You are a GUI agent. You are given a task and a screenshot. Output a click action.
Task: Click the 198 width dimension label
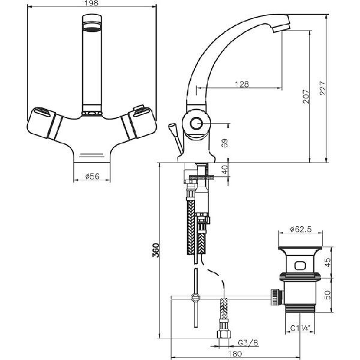(91, 3)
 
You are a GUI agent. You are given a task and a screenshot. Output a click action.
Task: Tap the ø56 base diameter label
(92, 176)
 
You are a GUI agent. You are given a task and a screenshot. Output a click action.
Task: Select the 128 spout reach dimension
(242, 84)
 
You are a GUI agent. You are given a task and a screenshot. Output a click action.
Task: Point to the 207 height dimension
(306, 97)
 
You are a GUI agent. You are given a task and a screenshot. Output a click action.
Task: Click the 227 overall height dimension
(322, 88)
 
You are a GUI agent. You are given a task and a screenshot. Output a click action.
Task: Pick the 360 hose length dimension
(155, 250)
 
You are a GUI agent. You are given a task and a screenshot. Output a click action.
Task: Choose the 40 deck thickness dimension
(225, 169)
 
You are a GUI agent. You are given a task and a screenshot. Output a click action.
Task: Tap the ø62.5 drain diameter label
(301, 229)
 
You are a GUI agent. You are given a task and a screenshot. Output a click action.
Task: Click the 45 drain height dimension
(328, 262)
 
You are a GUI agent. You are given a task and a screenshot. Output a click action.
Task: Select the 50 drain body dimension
(328, 295)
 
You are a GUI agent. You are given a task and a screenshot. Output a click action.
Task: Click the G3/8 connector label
(248, 343)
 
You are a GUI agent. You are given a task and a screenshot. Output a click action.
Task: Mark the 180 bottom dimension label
(235, 354)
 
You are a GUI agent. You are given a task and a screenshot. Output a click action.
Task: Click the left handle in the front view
(44, 122)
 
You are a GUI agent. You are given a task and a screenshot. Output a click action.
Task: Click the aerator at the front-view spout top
(92, 26)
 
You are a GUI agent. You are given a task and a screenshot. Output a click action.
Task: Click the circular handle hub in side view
(196, 124)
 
